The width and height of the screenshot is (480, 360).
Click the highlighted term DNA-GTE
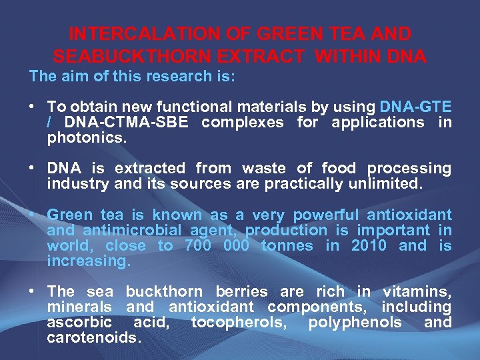415,107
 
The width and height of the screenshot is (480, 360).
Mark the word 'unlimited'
386,184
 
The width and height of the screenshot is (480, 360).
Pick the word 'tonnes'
288,246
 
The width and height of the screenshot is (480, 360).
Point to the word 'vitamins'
417,292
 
